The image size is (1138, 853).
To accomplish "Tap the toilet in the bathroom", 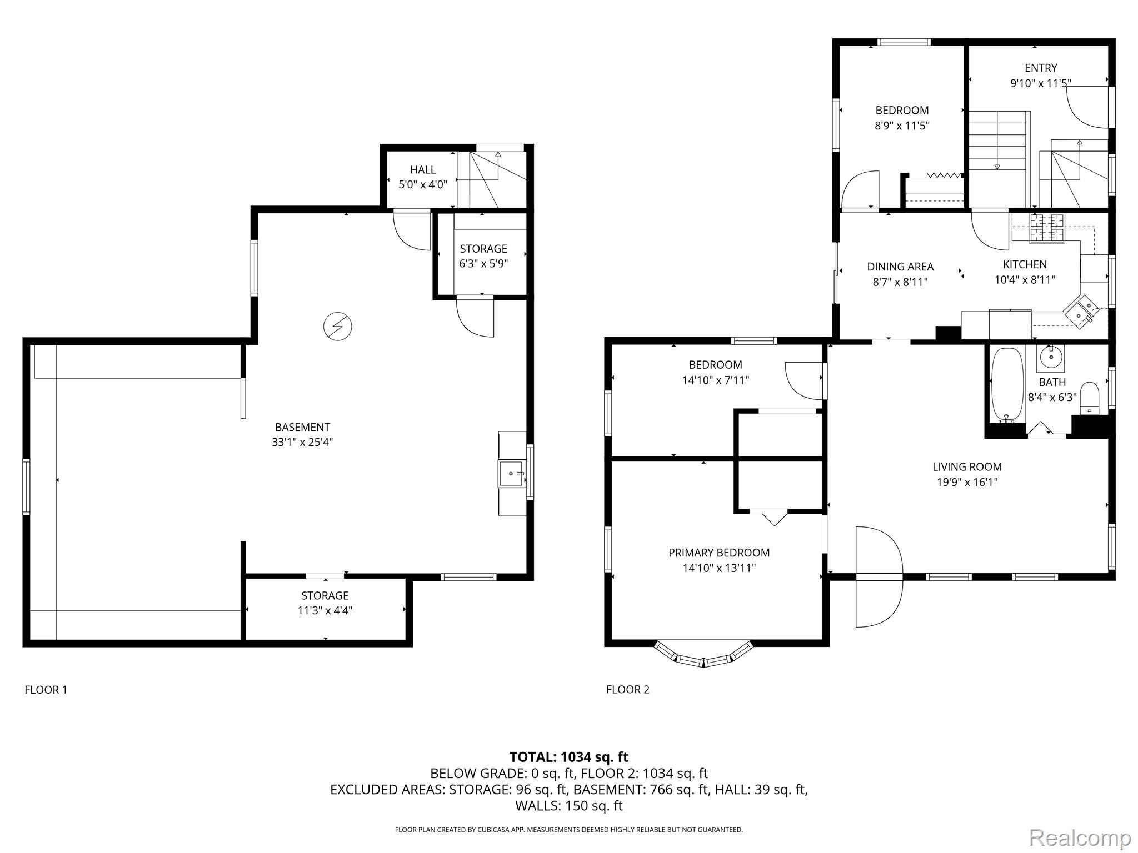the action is pos(1090,398).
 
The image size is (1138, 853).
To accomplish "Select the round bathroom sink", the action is pos(1050,358).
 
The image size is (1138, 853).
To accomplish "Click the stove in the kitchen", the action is pos(1047,228).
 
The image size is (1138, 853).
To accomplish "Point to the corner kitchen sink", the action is pos(1081,312).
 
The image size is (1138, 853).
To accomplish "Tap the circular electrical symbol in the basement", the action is pos(337,326).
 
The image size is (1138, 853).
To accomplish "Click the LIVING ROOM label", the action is pos(967,467).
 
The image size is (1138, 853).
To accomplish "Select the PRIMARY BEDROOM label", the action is pos(719,553).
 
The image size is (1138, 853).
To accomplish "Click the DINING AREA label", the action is pos(900,267).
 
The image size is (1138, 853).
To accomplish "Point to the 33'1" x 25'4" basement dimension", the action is pos(302,443).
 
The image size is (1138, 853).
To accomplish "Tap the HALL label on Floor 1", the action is pos(423,170).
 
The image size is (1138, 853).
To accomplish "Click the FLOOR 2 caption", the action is pos(628,690).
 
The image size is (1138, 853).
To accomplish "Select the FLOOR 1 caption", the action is pos(46,690).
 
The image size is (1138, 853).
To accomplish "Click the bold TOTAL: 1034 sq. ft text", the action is pos(569,757).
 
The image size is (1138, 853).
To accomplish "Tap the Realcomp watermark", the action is pos(1080,837).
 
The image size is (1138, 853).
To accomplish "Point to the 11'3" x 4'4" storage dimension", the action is pos(325,611).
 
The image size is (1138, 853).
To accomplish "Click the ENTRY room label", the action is pos(1041,68).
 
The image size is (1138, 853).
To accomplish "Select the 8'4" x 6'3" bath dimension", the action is pos(1052,397).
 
